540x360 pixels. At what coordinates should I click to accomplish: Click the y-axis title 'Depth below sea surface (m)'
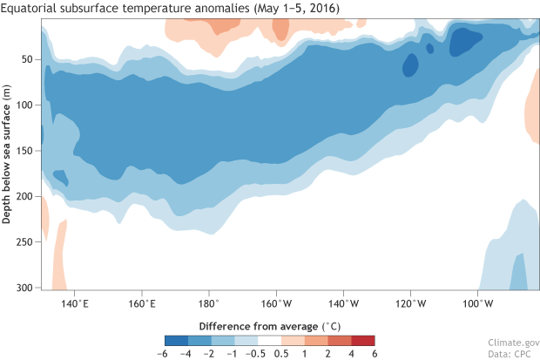tap(8, 155)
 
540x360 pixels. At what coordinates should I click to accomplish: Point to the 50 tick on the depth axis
tap(27, 59)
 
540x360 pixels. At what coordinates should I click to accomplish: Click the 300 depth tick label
tap(24, 288)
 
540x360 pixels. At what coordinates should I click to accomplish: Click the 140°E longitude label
tap(75, 303)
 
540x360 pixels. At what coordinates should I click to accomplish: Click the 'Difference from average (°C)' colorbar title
tap(270, 324)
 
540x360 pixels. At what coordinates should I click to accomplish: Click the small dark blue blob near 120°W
tap(409, 64)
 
